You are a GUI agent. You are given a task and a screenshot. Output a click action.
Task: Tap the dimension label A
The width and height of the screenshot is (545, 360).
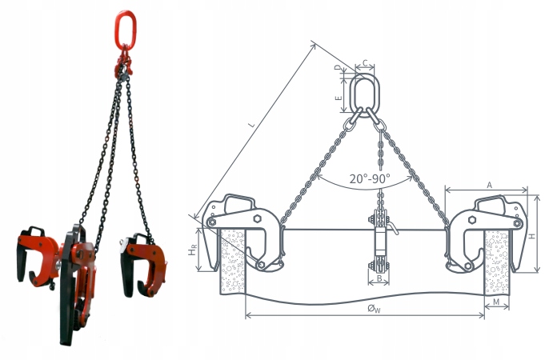490,186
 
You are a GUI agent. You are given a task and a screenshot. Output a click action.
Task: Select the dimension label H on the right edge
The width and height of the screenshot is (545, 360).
531,236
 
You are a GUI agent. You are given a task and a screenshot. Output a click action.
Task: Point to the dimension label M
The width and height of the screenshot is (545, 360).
496,302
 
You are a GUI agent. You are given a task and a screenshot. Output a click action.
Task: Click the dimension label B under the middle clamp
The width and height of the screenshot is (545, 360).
379,278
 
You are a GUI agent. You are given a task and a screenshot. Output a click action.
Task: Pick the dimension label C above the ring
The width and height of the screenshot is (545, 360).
365,63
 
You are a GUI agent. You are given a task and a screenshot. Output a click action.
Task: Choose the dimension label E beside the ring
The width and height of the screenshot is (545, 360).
339,98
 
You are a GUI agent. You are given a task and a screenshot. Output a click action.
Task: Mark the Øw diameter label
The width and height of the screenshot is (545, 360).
374,308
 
